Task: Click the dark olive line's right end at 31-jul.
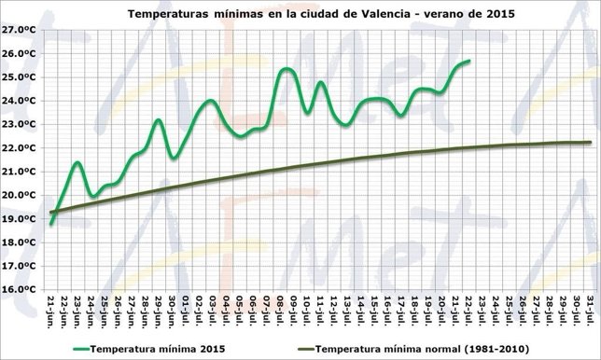pyautogui.click(x=592, y=142)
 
